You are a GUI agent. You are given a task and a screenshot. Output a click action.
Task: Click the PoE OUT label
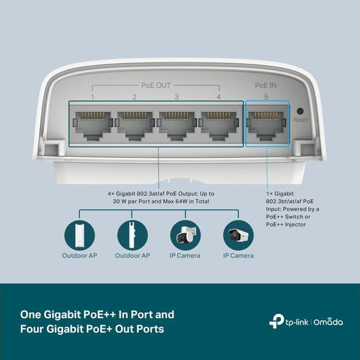pyautogui.click(x=156, y=86)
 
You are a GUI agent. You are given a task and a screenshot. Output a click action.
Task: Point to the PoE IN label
pyautogui.click(x=266, y=86)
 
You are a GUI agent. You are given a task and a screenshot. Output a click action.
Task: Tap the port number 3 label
pyautogui.click(x=176, y=97)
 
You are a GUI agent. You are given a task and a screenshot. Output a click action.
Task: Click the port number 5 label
pyautogui.click(x=266, y=97)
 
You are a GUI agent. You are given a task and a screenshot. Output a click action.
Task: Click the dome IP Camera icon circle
pyautogui.click(x=185, y=235)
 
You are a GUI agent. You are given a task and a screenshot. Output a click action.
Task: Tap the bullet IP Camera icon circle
pyautogui.click(x=238, y=235)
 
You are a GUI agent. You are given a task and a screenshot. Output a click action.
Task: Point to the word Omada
pyautogui.click(x=329, y=322)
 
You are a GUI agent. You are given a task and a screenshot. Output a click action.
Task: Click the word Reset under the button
pyautogui.click(x=300, y=120)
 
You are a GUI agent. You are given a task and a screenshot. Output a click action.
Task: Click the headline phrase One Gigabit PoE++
pyautogui.click(x=75, y=314)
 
